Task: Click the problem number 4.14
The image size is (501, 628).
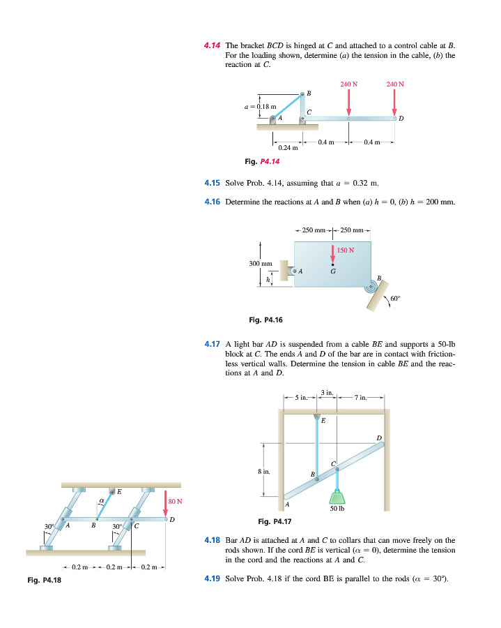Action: [212, 44]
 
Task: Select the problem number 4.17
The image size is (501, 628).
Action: [212, 343]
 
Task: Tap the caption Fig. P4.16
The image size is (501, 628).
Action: [265, 320]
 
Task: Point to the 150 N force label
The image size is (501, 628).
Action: [346, 250]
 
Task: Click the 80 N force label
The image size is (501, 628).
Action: [176, 500]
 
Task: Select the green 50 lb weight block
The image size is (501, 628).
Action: [337, 496]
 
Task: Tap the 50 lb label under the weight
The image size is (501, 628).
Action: [338, 509]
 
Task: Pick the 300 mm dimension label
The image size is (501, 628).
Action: [259, 263]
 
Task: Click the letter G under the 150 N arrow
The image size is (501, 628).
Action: [333, 271]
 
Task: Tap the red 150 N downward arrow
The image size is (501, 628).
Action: [333, 252]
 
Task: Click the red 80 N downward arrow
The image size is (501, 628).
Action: [164, 504]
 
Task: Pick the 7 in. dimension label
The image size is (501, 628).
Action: [360, 397]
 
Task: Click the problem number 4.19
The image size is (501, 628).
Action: [212, 578]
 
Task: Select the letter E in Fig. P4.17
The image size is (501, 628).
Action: [323, 420]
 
